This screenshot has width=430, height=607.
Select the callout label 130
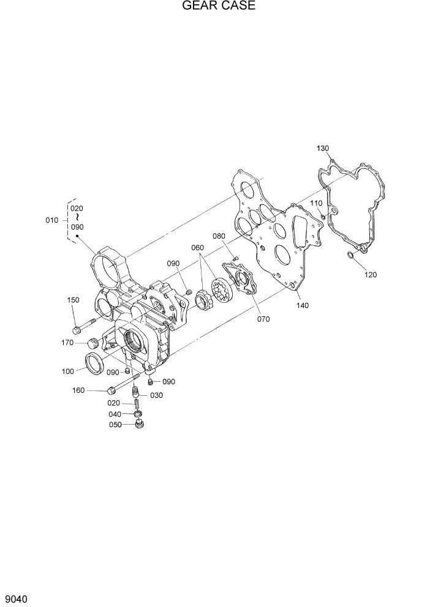point(323,149)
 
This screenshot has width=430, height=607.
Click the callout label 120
point(370,275)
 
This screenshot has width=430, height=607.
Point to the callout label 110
point(315,203)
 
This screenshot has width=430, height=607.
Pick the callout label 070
point(263,319)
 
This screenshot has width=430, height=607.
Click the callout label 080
point(219,236)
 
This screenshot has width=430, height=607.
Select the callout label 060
point(197,248)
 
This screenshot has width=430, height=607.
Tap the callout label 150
point(74,300)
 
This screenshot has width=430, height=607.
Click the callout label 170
point(68,343)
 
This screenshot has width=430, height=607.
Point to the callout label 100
point(68,371)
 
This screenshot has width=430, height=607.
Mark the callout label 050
point(116,424)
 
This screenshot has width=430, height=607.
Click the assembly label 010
point(52,220)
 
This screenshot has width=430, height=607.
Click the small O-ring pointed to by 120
point(350,255)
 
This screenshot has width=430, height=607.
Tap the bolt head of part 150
point(77,330)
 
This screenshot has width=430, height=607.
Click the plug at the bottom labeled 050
point(140,423)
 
